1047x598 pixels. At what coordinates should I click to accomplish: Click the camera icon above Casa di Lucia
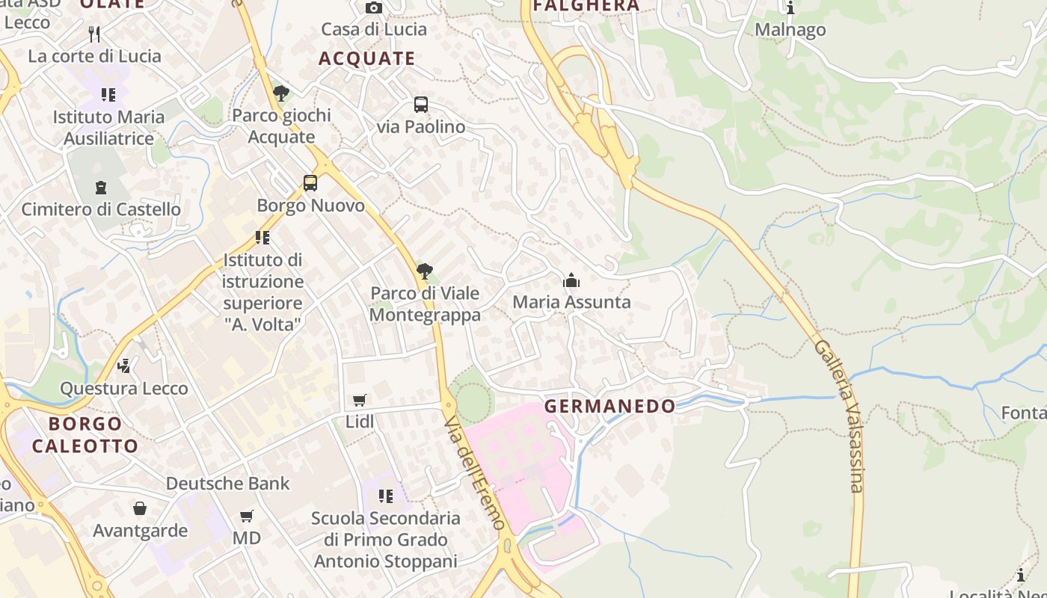374,8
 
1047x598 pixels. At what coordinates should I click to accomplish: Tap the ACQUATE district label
366,58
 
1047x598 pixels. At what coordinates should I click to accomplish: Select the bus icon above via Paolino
421,105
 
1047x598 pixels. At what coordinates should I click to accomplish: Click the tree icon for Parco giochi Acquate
281,93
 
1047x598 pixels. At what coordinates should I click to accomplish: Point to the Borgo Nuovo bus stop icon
310,183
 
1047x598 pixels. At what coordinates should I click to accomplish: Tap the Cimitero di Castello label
101,209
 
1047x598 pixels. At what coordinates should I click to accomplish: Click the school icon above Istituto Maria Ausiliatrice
108,95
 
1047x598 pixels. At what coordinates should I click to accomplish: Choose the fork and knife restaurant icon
94,34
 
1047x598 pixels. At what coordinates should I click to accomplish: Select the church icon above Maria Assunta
571,281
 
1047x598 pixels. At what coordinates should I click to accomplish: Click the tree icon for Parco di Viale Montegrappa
425,271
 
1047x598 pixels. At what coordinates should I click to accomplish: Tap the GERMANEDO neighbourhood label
610,407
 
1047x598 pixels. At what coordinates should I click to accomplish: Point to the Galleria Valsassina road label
839,416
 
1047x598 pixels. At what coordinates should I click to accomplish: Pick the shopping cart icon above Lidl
360,401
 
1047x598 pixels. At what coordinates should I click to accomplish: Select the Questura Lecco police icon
124,366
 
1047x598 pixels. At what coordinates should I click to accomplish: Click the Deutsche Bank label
227,484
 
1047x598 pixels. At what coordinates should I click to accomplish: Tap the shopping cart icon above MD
247,517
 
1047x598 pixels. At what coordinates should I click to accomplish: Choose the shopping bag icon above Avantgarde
140,509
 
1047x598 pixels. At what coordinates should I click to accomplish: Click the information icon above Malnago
790,8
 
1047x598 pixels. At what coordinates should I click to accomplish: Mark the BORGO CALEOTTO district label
85,435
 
